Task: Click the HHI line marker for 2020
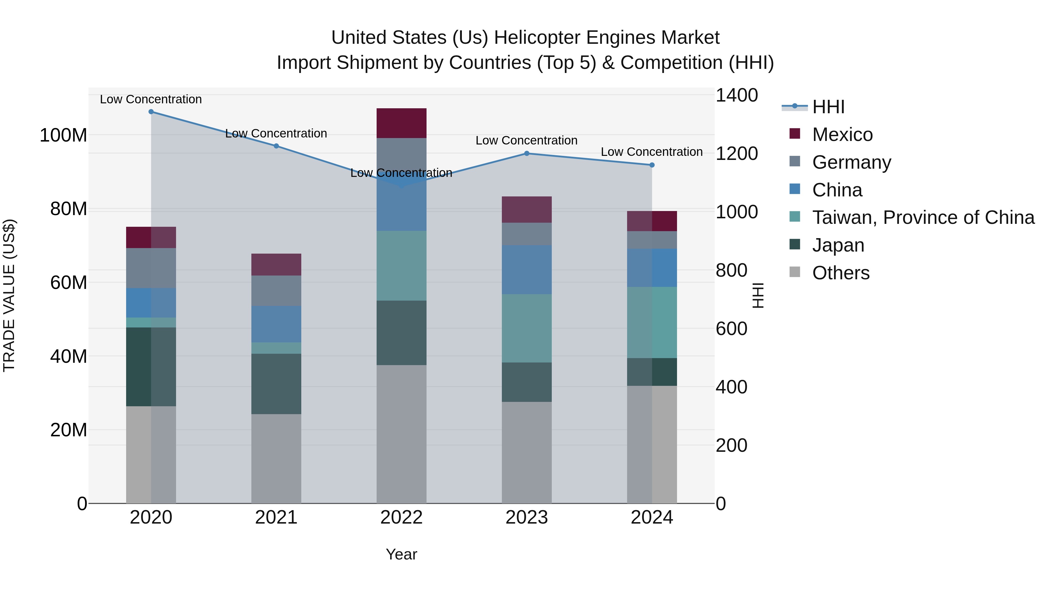[151, 112]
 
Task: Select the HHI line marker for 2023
[526, 153]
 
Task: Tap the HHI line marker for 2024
[652, 165]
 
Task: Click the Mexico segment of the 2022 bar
[401, 123]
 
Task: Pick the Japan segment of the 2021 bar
[276, 384]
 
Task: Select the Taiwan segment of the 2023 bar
[526, 328]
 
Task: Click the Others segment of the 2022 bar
[401, 434]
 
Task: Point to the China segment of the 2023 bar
[526, 270]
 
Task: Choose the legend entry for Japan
[838, 245]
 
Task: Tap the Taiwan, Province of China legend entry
[923, 217]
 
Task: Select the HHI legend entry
[828, 107]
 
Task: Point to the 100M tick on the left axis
[63, 135]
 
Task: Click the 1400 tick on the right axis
[737, 95]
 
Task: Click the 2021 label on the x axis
[276, 517]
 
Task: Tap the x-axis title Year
[401, 554]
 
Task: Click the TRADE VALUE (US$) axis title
[9, 295]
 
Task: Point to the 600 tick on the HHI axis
[731, 329]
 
